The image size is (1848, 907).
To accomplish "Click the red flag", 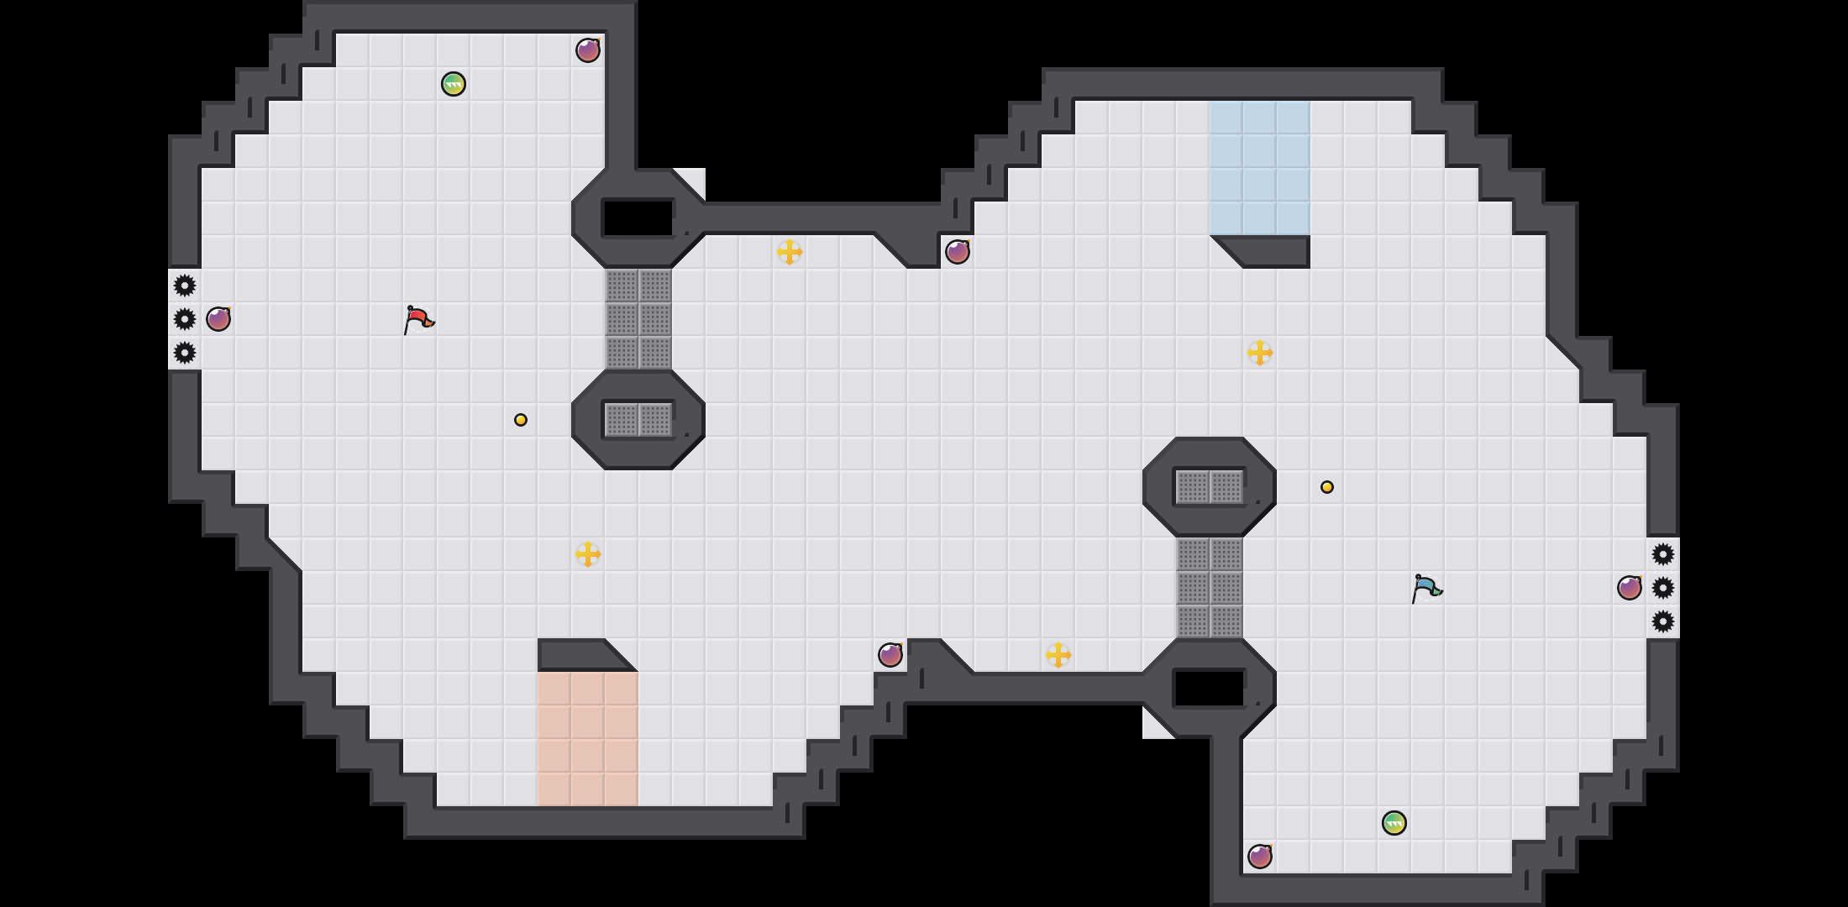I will point(417,319).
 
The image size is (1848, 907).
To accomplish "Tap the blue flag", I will point(1425,588).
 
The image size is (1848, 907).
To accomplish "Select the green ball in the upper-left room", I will point(454,84).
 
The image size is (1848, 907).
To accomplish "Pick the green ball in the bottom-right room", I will point(1394,823).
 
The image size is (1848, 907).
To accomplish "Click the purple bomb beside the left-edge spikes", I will point(218,319).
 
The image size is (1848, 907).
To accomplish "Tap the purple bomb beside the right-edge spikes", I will point(1630,588).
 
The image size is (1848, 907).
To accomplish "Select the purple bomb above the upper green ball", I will point(588,50).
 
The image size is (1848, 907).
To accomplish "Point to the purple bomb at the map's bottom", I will point(1260,857).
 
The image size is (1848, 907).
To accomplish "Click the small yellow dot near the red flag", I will point(521,420).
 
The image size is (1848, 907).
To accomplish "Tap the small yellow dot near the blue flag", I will point(1327,487).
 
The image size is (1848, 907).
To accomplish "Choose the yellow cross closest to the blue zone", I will point(1260,353).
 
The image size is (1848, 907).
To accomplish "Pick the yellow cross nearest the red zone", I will point(588,554).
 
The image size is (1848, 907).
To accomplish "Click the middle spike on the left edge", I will point(185,319).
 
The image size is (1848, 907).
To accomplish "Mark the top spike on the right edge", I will point(1663,554).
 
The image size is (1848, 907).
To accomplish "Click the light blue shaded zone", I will point(1260,168).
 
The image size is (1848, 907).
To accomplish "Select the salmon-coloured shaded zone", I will point(588,739).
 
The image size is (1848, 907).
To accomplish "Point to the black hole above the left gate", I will point(638,218).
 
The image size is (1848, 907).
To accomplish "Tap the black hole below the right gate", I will point(1210,689).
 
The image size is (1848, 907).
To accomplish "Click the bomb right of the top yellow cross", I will point(958,252).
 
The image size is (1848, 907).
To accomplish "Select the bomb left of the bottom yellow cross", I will point(890,655).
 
